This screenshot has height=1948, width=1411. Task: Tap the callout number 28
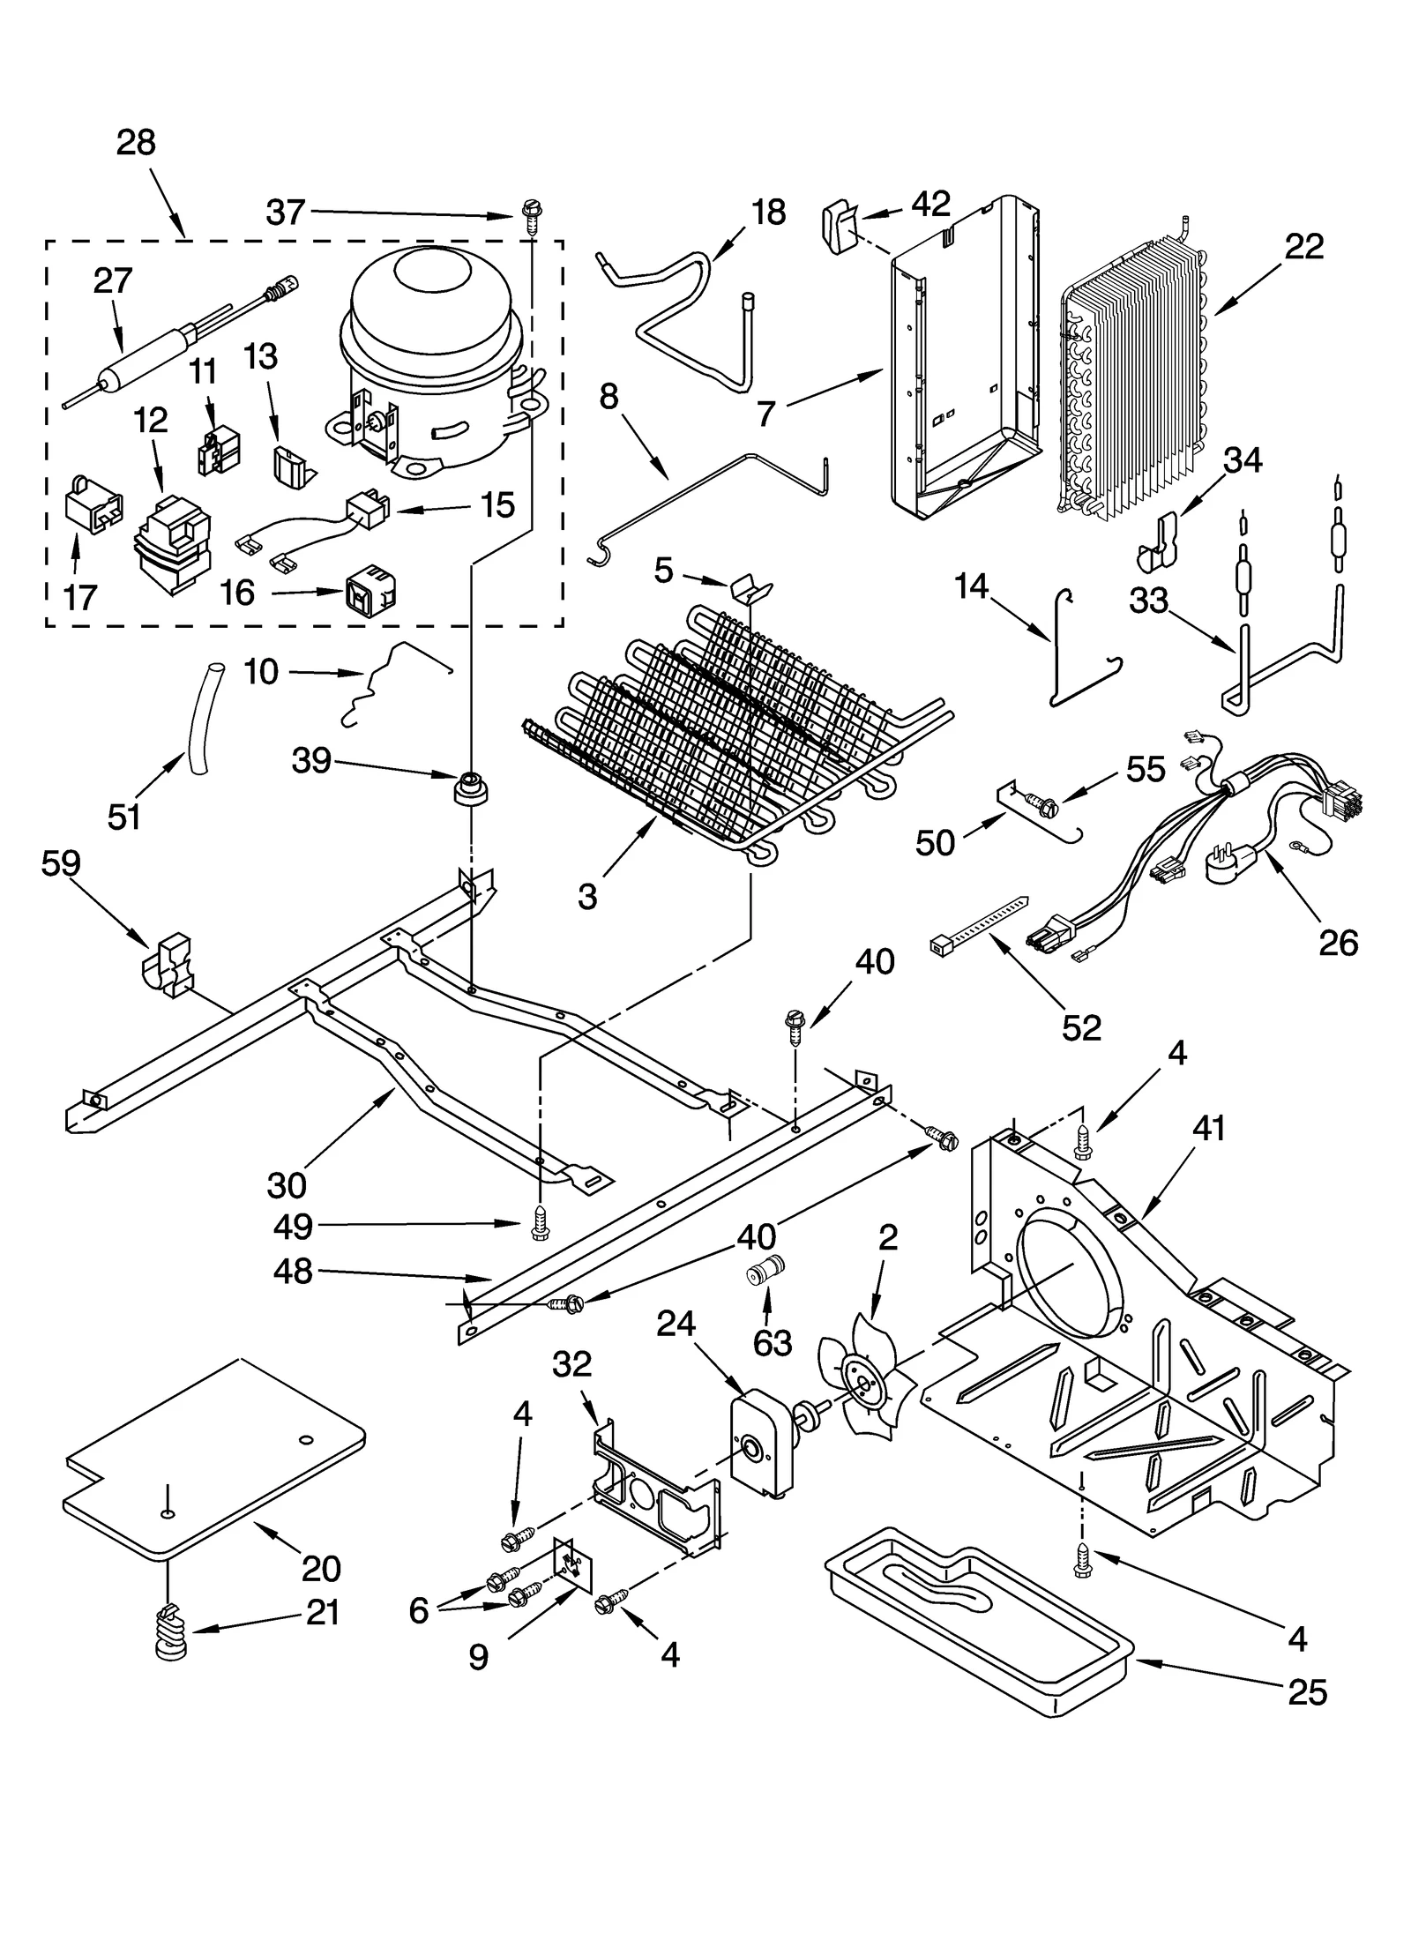pos(136,143)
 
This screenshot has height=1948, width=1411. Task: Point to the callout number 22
pos(1303,247)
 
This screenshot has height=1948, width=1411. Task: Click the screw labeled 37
pos(532,214)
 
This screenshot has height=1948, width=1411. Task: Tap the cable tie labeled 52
pos(979,923)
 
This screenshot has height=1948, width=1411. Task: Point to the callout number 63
pos(772,1342)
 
